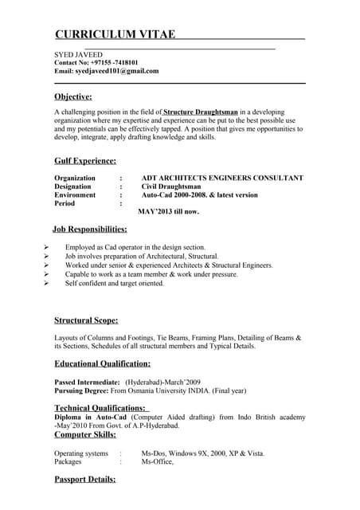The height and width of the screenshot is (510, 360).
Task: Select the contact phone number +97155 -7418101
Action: [110, 62]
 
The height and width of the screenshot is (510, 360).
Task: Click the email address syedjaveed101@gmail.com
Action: [117, 71]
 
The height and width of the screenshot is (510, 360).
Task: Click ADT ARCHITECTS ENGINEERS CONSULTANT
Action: [222, 178]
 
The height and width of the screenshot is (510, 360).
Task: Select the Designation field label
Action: [72, 186]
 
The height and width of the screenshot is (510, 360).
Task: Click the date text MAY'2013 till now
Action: [169, 212]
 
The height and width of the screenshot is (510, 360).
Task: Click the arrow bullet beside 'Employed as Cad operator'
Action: [47, 248]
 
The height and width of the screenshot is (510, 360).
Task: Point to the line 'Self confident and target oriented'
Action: [115, 284]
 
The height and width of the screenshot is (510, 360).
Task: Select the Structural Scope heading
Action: [86, 320]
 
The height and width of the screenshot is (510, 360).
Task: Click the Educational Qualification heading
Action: [102, 364]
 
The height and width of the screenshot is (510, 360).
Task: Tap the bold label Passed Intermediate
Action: [87, 382]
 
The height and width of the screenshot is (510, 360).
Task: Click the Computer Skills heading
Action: [84, 435]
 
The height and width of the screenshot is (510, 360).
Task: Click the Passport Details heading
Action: [84, 480]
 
